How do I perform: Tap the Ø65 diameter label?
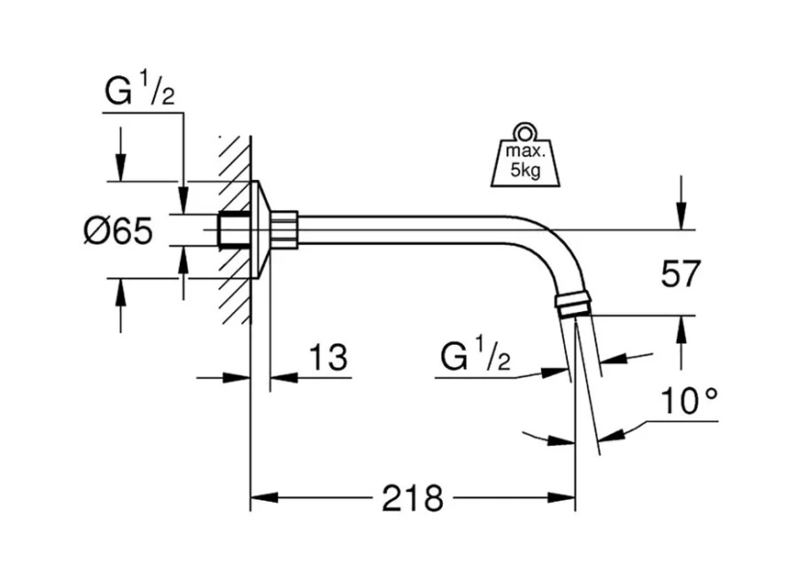tap(117, 231)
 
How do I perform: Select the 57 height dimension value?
tap(680, 275)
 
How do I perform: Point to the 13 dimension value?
tap(328, 358)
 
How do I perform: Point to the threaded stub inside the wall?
tap(231, 230)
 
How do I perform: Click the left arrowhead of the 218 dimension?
tap(261, 499)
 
